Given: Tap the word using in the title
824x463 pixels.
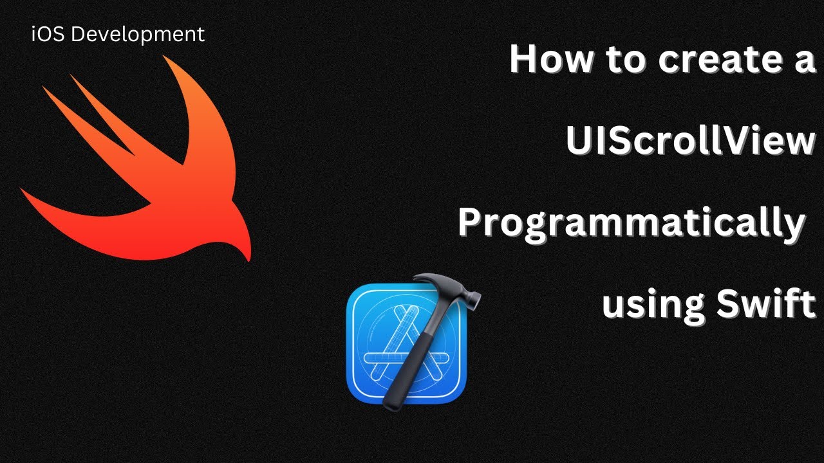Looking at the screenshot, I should coord(651,305).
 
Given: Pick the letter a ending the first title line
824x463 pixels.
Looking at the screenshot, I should coord(803,62).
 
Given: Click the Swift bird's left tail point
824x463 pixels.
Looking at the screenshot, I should coord(23,191).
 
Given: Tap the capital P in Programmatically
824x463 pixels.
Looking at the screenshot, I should coord(471,222).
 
